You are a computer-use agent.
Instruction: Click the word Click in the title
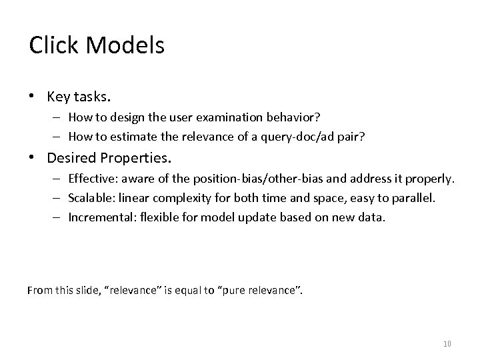tap(52, 45)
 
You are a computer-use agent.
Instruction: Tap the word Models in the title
tap(123, 45)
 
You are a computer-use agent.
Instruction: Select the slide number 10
tap(447, 343)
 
